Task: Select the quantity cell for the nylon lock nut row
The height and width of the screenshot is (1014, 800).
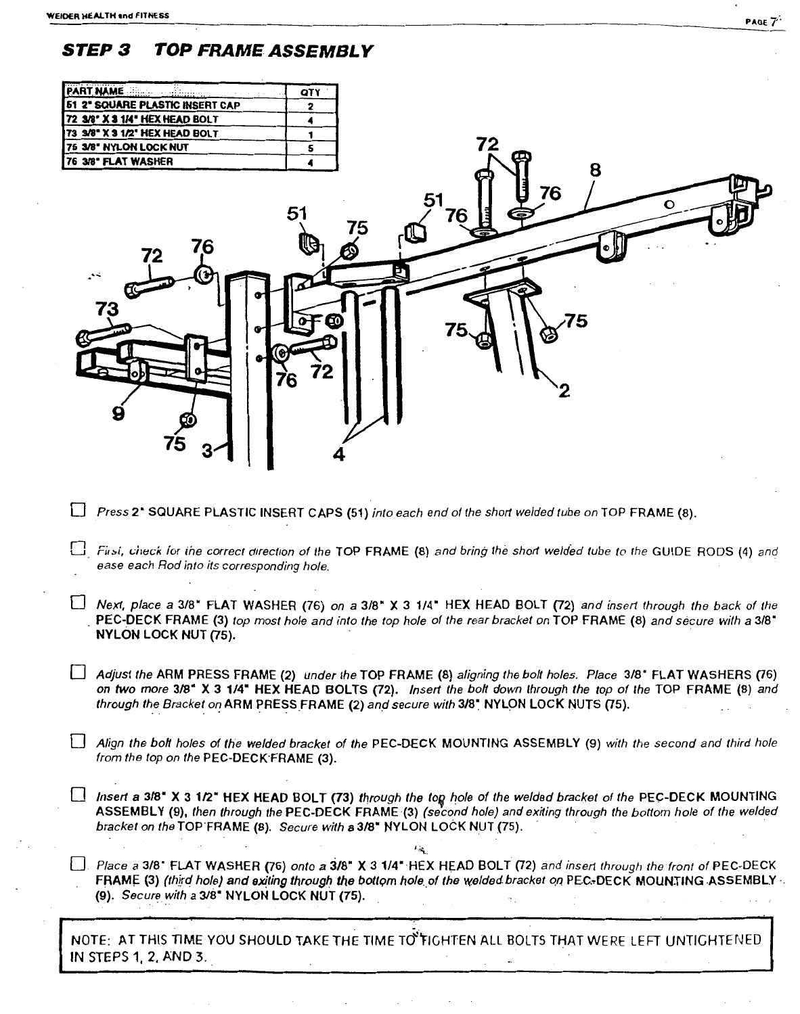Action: (x=309, y=147)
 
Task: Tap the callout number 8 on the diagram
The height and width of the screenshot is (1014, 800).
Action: (x=595, y=170)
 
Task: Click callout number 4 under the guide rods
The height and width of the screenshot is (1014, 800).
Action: (x=339, y=455)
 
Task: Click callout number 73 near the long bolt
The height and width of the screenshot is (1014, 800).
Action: (x=106, y=309)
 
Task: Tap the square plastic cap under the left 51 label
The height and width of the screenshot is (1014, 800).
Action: (x=308, y=239)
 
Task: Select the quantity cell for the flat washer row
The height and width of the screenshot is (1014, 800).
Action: (x=309, y=162)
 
